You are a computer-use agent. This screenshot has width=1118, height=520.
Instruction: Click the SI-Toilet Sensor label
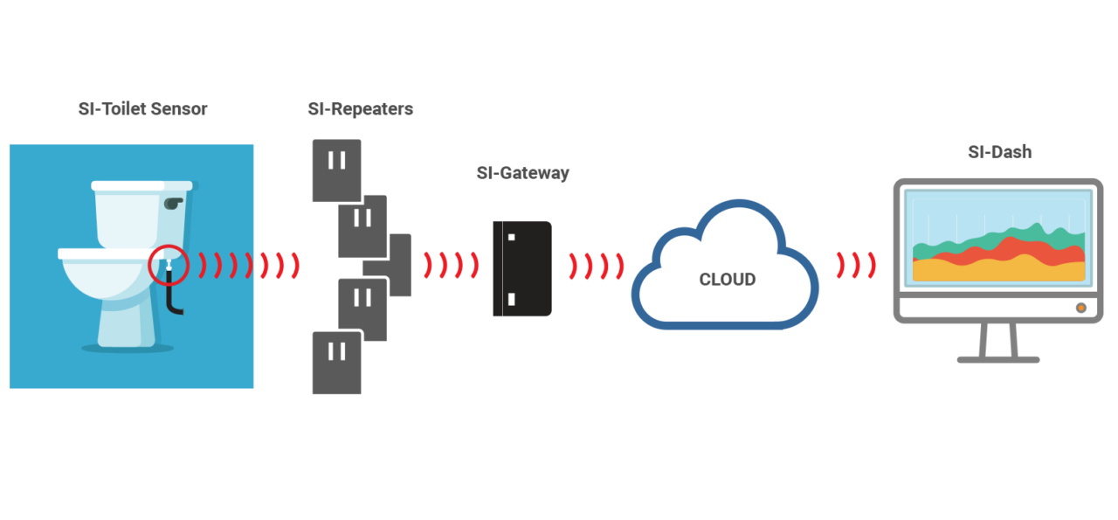[x=143, y=109]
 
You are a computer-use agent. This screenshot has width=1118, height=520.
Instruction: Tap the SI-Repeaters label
[x=360, y=109]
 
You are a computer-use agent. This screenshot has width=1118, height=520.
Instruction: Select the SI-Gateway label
[x=522, y=173]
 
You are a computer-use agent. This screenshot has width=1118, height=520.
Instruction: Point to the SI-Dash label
[x=1000, y=152]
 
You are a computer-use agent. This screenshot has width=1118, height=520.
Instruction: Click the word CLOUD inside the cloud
[x=727, y=280]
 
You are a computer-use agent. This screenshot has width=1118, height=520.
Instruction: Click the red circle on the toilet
[x=168, y=265]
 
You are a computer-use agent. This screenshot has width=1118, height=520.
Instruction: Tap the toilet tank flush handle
[x=172, y=203]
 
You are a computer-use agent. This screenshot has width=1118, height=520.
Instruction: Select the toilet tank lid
[x=141, y=186]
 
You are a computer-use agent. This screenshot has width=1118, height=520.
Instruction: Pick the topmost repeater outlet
[x=336, y=170]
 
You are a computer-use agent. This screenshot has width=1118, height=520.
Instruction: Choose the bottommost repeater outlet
[x=336, y=362]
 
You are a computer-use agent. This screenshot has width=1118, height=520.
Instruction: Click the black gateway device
[x=521, y=268]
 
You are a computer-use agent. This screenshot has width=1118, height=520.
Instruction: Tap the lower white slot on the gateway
[x=512, y=300]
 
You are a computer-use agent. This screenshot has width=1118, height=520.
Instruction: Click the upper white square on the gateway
[x=512, y=237]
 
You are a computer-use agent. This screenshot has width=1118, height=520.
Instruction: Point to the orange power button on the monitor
[x=1080, y=308]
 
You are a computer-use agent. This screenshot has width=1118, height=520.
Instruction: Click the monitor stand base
[x=998, y=358]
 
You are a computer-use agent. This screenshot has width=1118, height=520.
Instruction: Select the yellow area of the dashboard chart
[x=996, y=272]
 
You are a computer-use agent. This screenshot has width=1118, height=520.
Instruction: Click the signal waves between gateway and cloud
[x=597, y=266]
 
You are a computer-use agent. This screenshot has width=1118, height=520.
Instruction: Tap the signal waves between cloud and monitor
[x=857, y=265]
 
